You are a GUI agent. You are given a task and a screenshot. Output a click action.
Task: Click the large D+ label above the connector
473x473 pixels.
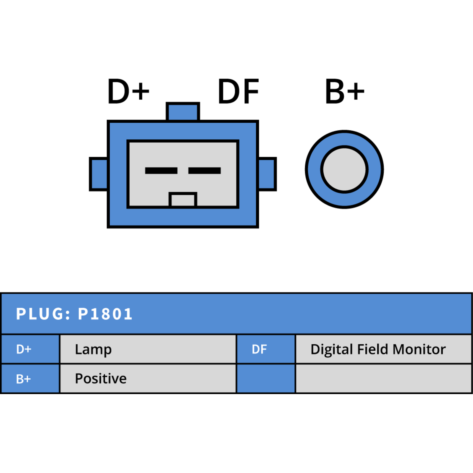click(128, 91)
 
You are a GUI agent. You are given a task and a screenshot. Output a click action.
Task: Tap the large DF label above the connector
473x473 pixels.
click(239, 92)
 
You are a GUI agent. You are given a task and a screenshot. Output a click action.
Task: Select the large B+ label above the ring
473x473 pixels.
click(345, 91)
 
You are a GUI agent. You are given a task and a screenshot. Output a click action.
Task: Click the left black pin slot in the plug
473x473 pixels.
click(161, 171)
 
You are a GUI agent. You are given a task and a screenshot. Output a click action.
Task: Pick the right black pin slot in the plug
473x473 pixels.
click(205, 171)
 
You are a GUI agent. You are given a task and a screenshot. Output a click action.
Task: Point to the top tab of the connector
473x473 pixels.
click(183, 111)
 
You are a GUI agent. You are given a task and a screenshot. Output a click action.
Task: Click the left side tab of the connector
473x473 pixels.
click(99, 174)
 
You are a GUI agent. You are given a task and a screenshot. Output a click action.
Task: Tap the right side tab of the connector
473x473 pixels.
click(267, 174)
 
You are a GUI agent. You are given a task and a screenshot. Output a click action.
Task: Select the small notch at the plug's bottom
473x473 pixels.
click(183, 200)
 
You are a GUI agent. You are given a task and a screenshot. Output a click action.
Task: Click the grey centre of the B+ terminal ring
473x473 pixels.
click(344, 169)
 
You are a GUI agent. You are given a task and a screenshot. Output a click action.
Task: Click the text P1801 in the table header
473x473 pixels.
click(105, 314)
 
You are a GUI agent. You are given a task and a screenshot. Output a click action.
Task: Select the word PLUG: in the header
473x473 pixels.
click(43, 314)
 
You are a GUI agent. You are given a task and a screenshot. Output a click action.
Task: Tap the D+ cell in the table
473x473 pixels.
click(30, 349)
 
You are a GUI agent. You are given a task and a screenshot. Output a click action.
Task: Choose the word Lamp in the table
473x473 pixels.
click(93, 350)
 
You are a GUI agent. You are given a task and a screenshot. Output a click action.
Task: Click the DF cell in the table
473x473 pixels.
click(266, 349)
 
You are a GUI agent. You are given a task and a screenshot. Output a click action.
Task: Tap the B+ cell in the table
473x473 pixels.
click(30, 379)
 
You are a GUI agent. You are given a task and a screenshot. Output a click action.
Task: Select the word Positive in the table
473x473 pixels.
click(101, 379)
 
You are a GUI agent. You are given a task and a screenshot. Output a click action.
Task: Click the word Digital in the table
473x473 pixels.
click(332, 350)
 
